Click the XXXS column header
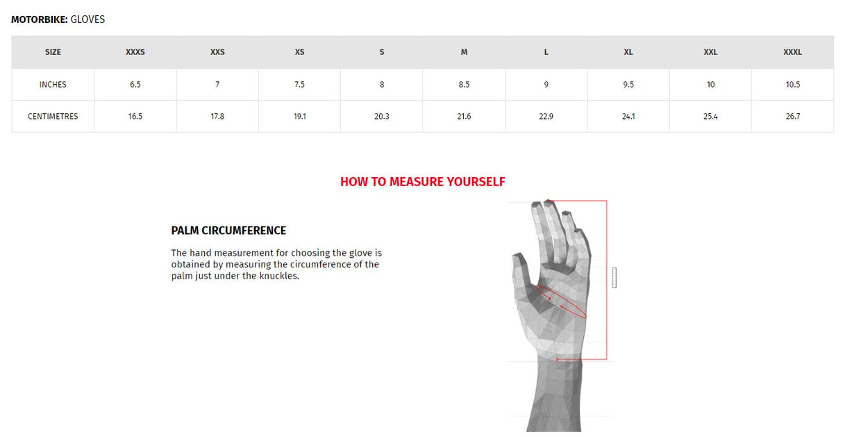coord(135,52)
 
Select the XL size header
coord(628,52)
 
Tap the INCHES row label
coord(53,85)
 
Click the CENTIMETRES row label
coord(53,117)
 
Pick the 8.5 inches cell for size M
coord(464,85)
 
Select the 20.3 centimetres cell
coord(382,117)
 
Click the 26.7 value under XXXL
coord(793,117)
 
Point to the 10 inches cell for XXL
coord(710,85)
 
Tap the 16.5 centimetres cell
coord(135,117)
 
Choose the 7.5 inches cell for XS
coord(299,85)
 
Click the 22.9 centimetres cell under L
coord(546,117)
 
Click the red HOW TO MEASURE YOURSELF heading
coord(422,182)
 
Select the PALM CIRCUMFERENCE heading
coord(228,231)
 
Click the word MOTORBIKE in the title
coord(39,19)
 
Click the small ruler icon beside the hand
coord(614,277)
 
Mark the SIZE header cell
coord(53,52)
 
